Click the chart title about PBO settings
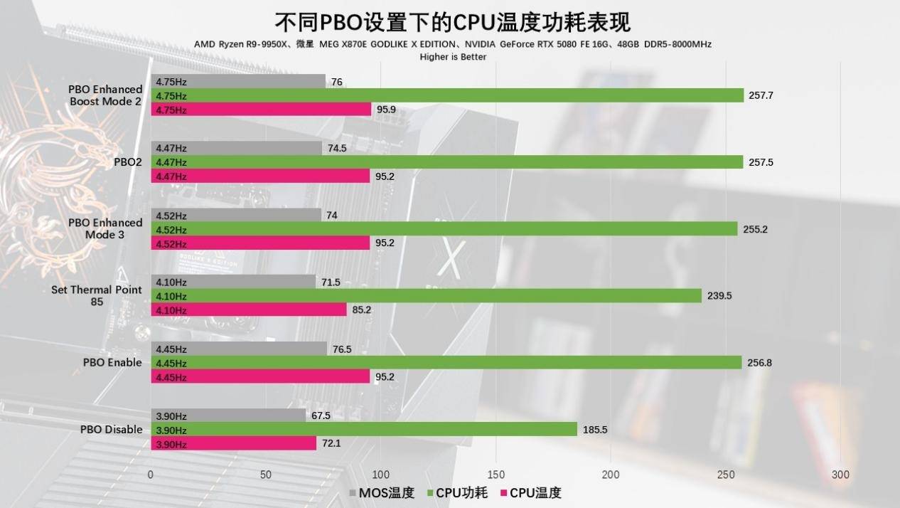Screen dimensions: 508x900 coord(453,22)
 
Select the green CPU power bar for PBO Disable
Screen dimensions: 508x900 coord(364,430)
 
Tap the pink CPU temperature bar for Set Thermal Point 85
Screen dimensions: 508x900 coord(249,310)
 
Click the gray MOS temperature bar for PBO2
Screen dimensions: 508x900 coord(237,148)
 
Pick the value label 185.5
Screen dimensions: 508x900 coord(595,430)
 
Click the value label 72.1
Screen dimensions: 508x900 coord(332,444)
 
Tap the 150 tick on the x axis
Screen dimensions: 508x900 coord(495,475)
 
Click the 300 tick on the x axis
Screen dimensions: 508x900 coord(840,475)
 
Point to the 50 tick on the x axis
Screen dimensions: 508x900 coord(266,475)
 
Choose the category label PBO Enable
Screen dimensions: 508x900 coord(112,362)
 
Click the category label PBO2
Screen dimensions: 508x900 coord(128,162)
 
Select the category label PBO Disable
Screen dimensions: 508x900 coord(111,430)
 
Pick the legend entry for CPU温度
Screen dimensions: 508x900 coord(531,492)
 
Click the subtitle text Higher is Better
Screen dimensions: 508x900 coord(453,56)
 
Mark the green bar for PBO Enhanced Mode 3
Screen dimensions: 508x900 coord(444,229)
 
